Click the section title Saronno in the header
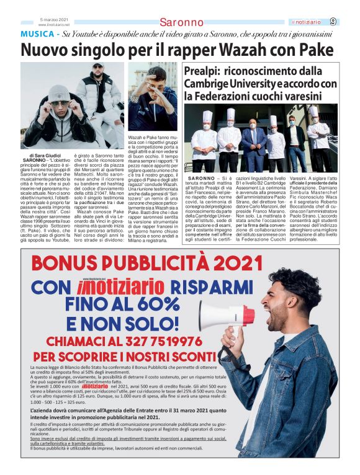click(181, 22)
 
